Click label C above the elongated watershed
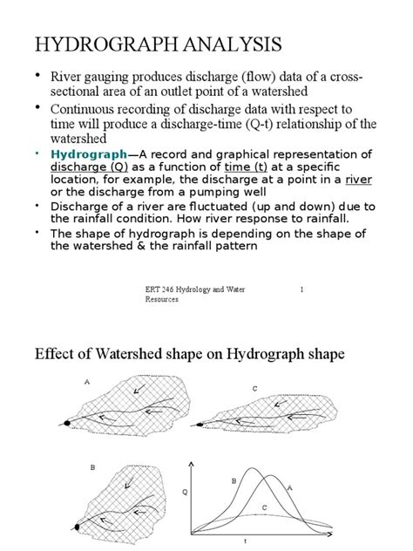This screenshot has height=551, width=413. coord(254,387)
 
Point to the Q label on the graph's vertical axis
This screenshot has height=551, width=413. coord(184,492)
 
